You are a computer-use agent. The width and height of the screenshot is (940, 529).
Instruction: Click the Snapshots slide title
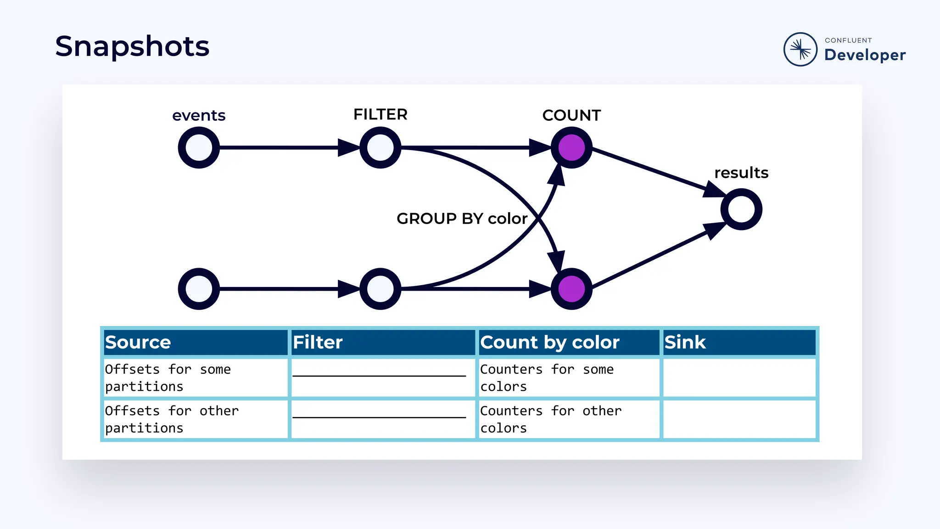click(132, 46)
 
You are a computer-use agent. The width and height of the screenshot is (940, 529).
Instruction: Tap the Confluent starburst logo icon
click(800, 49)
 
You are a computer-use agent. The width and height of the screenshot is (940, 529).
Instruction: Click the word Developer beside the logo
click(865, 55)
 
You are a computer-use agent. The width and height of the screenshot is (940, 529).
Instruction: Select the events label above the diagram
click(199, 115)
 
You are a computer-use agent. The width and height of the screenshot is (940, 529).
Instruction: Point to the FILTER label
click(380, 114)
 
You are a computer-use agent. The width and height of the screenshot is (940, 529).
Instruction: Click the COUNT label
click(571, 115)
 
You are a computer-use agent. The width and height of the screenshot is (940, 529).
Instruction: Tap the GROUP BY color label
click(462, 219)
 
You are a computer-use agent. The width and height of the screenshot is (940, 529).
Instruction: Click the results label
click(741, 173)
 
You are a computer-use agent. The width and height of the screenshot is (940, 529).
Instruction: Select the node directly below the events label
click(199, 148)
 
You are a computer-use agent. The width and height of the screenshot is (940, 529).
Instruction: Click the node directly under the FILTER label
click(380, 148)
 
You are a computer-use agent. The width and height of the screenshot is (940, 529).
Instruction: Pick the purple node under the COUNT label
click(571, 148)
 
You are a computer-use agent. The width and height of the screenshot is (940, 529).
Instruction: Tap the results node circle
click(741, 209)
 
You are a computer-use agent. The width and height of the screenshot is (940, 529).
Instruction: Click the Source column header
click(138, 343)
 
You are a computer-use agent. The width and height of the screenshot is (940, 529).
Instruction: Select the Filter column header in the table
click(318, 343)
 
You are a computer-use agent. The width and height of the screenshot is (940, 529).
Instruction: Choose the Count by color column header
click(549, 343)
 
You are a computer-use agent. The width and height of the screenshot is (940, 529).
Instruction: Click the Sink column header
click(685, 343)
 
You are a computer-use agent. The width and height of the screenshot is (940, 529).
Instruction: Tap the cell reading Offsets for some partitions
click(168, 377)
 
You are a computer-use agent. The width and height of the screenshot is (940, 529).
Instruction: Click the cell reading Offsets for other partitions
click(172, 419)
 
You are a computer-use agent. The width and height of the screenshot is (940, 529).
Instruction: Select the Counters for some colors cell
click(547, 377)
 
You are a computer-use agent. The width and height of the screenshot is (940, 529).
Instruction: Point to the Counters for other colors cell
click(551, 419)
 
